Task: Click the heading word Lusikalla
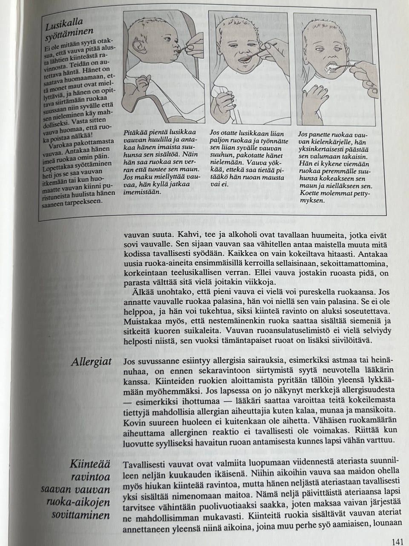tap(64, 25)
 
